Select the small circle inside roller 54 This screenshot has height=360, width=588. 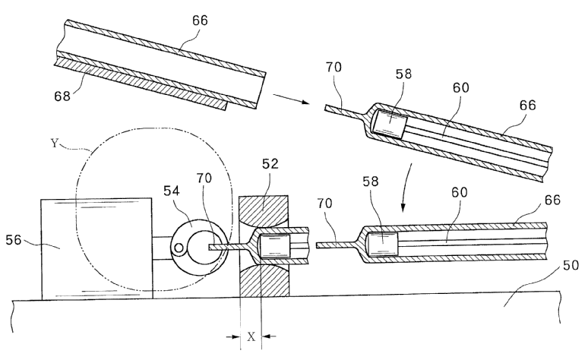182,247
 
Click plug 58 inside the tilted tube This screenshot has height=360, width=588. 394,122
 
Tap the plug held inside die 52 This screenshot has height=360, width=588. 273,245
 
